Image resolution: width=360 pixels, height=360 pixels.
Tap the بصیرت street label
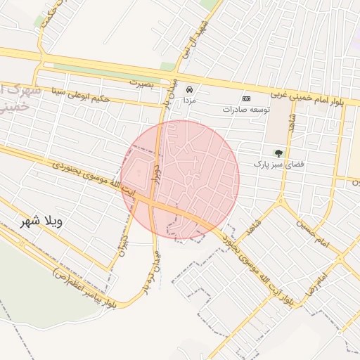[141, 82]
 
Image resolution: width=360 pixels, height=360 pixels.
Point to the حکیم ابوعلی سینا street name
[81, 94]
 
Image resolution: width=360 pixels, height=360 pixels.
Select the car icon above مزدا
[190, 90]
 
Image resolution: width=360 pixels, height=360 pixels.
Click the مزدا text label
[190, 101]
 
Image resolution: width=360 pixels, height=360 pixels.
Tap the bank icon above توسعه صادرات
[246, 98]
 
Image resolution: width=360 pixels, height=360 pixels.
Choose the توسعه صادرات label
[246, 110]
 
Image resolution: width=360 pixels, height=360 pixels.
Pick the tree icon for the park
[279, 153]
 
